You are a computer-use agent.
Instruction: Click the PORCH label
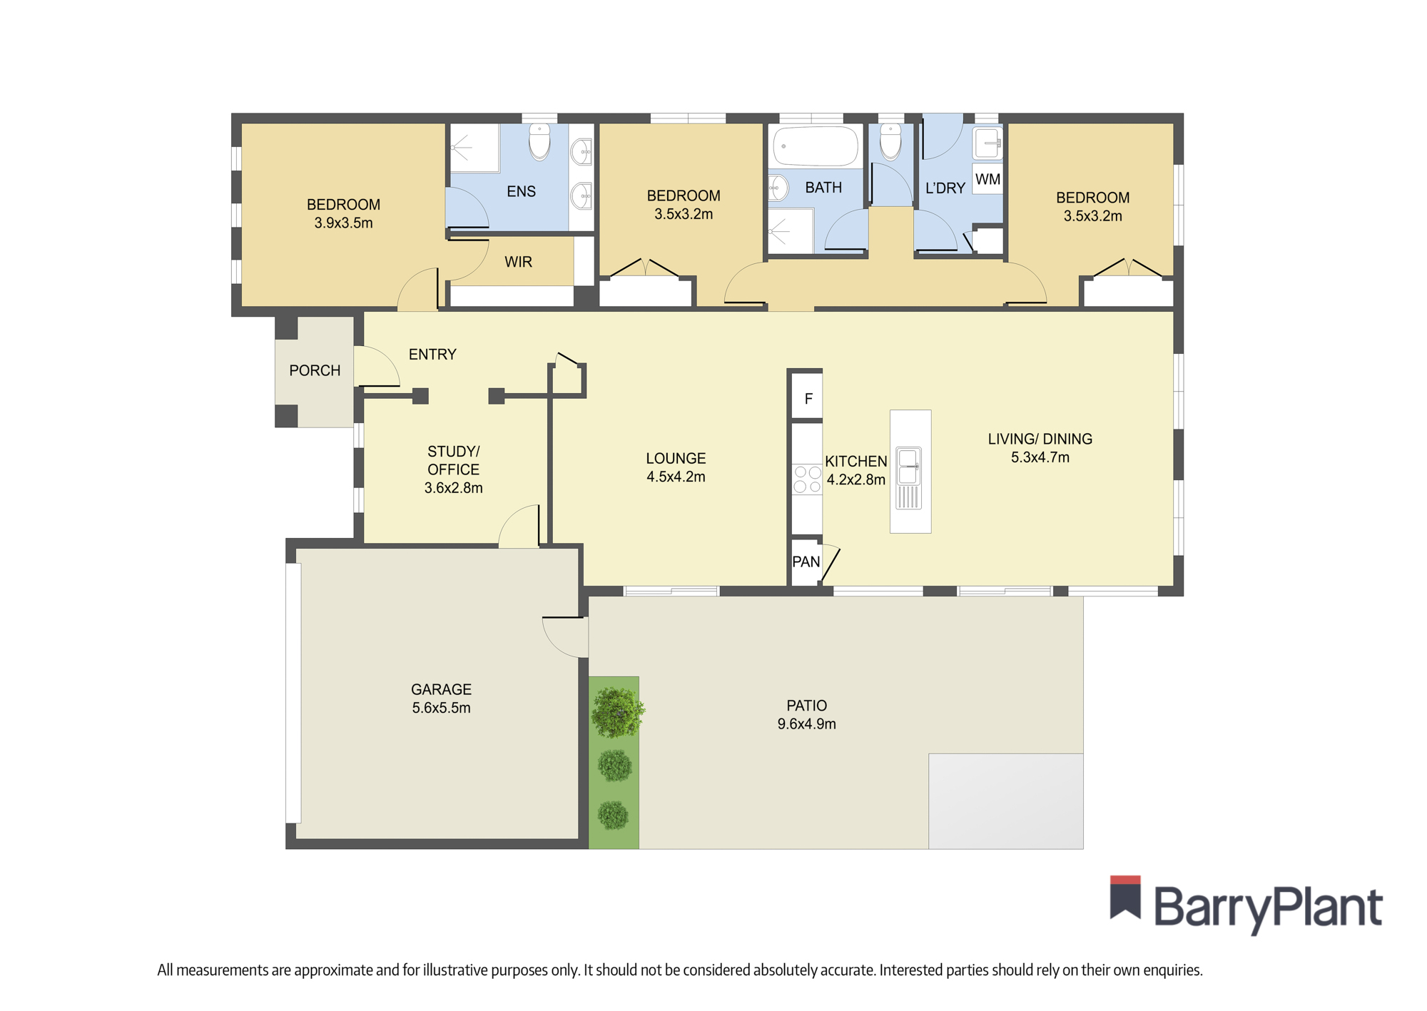tap(315, 370)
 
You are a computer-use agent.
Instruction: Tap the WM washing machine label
tap(987, 179)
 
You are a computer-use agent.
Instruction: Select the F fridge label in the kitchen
tap(808, 399)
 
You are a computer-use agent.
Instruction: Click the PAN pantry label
tap(806, 562)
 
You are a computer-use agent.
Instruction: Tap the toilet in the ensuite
tap(539, 142)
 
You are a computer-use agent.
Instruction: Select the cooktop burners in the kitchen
tap(807, 479)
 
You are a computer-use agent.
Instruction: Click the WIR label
tap(518, 262)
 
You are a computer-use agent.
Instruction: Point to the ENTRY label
tap(432, 355)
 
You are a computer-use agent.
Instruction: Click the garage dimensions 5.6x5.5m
tap(441, 708)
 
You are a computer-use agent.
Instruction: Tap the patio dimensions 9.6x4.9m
tap(806, 723)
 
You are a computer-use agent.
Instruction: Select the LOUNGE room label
tap(676, 459)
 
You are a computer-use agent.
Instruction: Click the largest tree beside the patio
tap(618, 711)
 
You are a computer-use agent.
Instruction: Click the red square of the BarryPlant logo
tap(1125, 880)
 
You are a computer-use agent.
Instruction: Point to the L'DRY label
tap(945, 188)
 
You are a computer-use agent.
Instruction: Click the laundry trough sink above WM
tap(988, 143)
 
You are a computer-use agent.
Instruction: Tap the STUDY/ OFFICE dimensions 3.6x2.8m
tap(453, 488)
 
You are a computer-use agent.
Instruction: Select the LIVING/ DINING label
tap(1040, 439)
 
